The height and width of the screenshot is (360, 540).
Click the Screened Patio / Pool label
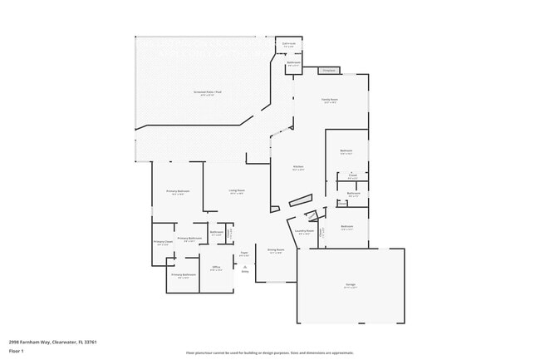tap(208, 92)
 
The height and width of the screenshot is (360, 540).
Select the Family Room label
tap(330, 100)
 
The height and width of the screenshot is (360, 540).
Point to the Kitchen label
tap(297, 166)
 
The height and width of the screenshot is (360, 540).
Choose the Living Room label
tap(237, 190)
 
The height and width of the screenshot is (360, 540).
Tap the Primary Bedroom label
tap(178, 191)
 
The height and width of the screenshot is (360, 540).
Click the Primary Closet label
tap(163, 242)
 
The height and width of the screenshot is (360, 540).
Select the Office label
tap(216, 267)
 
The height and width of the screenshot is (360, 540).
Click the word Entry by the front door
tap(245, 272)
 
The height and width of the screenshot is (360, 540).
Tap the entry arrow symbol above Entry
tap(245, 266)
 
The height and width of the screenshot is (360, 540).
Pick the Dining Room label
tap(276, 249)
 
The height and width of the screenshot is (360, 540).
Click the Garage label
tap(351, 285)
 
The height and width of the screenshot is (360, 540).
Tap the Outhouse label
tap(289, 44)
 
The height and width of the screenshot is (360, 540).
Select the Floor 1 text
tap(17, 352)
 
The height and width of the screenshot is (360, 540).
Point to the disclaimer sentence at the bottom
tap(269, 353)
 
